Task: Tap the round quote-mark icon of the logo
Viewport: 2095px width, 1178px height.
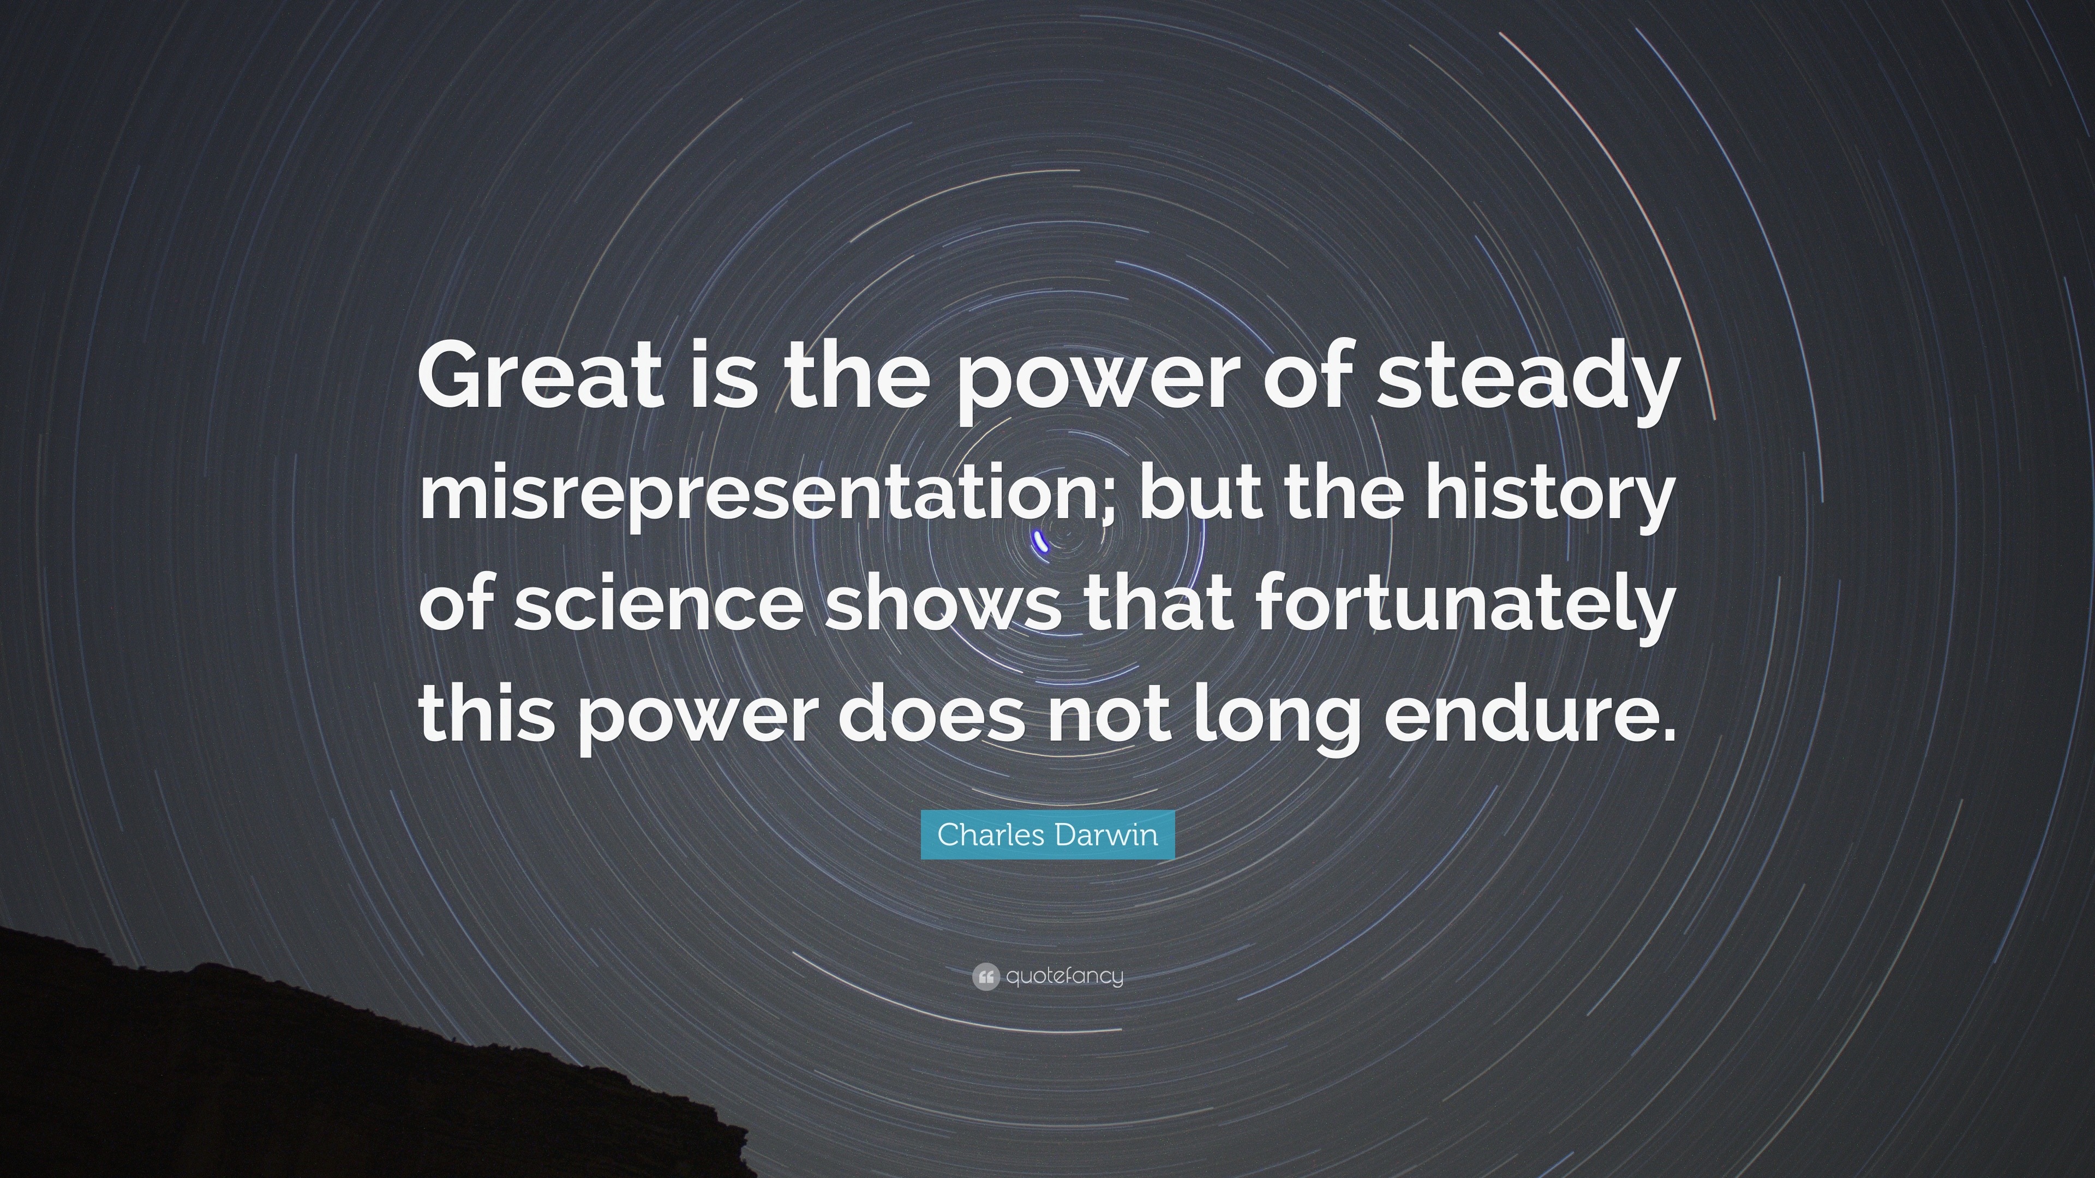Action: pyautogui.click(x=985, y=976)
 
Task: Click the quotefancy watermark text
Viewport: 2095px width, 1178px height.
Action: pyautogui.click(x=1064, y=976)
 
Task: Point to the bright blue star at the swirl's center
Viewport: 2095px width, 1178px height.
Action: pyautogui.click(x=1040, y=540)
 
